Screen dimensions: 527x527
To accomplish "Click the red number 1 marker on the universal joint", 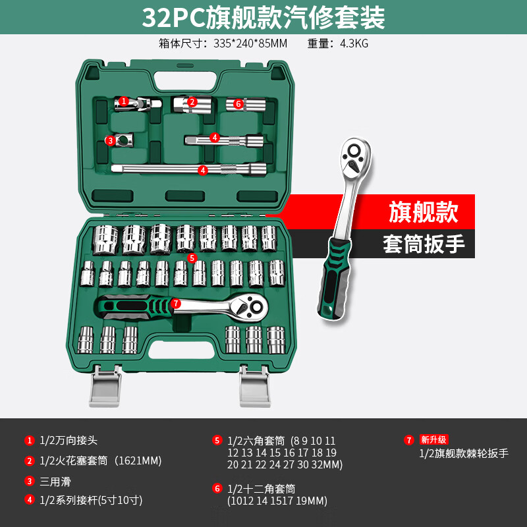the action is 124,101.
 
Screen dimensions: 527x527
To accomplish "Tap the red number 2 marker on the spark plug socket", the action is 192,101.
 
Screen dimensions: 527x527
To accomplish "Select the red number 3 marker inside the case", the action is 110,140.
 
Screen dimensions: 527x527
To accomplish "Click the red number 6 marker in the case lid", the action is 238,104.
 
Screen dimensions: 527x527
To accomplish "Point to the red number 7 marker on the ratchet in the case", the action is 175,304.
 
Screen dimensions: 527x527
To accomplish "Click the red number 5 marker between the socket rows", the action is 192,258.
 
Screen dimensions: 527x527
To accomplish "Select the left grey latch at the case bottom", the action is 105,387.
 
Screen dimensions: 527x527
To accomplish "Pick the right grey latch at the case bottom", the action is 255,387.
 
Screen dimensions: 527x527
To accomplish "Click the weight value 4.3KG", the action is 354,43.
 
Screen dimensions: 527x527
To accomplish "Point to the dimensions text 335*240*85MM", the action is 250,43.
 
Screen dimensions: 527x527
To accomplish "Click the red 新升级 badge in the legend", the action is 433,439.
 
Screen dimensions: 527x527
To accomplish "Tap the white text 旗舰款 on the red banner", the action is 424,211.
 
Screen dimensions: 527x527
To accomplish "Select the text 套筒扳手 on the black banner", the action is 424,244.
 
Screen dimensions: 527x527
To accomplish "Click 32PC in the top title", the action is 173,18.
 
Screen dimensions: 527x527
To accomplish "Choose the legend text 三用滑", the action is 55,482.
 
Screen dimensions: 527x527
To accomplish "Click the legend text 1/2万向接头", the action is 69,440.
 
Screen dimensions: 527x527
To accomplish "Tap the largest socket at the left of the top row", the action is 105,240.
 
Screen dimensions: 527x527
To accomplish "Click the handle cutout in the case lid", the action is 184,80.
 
